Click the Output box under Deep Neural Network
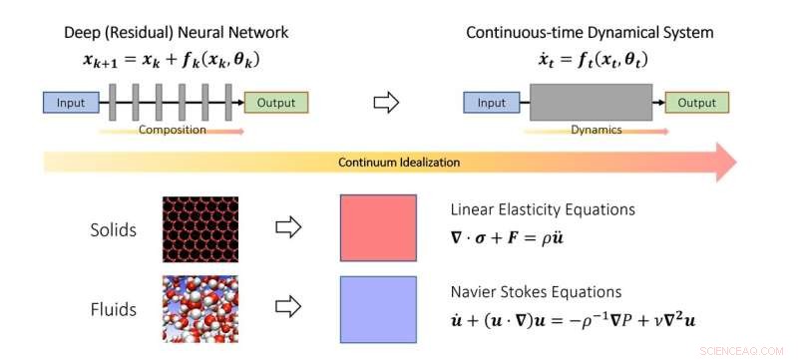[276, 102]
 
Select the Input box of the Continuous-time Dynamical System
[492, 102]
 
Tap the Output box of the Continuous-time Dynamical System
[698, 102]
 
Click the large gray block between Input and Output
[592, 103]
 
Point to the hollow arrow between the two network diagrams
[384, 102]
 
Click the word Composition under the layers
[165, 130]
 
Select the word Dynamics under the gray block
[596, 130]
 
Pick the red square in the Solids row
[378, 228]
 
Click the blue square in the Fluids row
[378, 309]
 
